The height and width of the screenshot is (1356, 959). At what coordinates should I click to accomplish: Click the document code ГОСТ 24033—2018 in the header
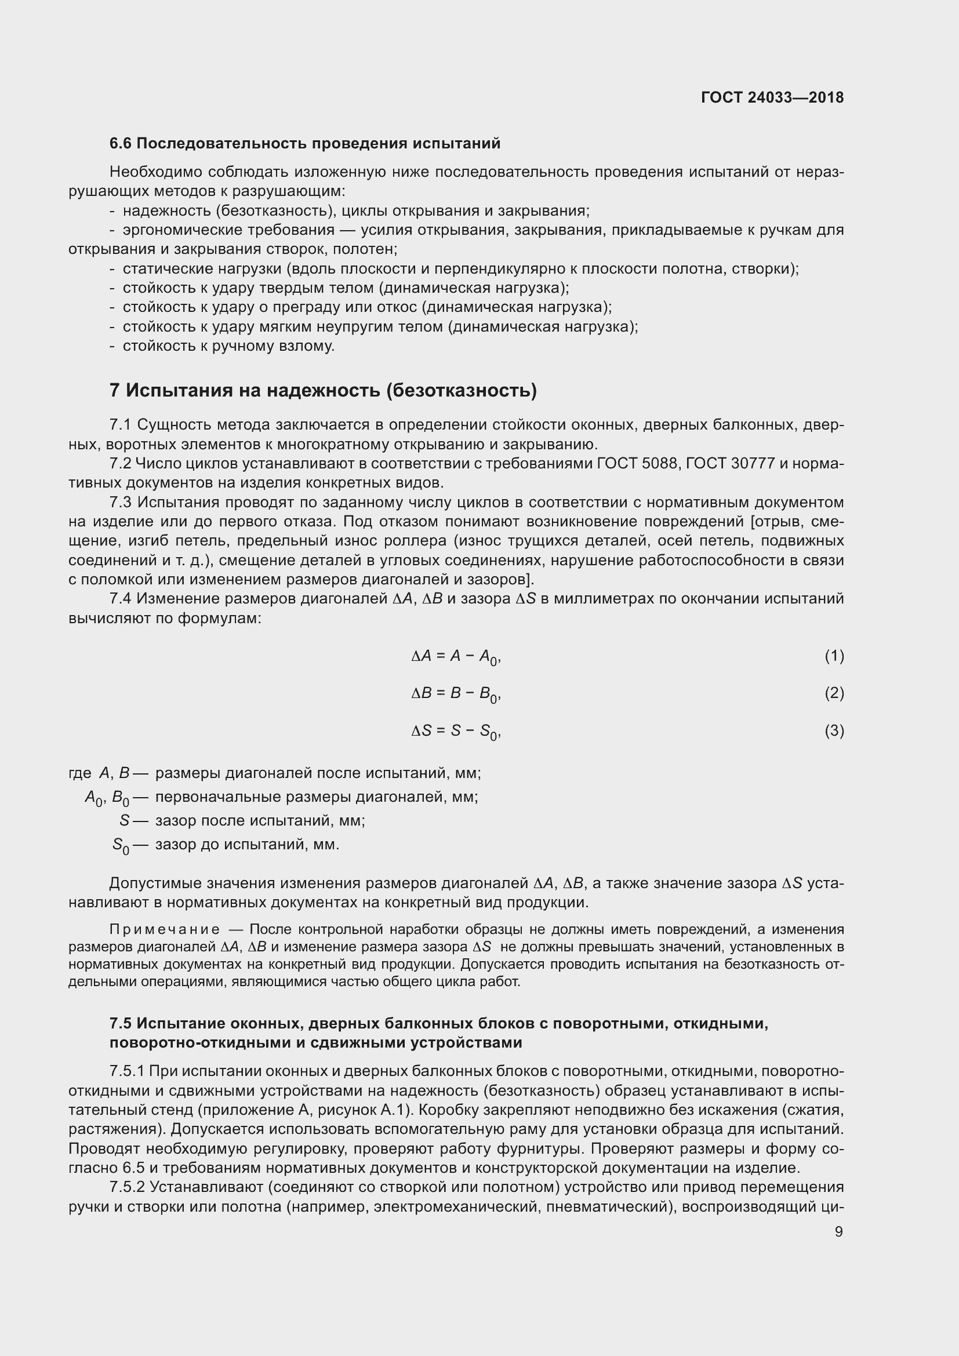[772, 97]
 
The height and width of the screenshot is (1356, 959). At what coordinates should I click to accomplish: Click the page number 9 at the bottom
[838, 1231]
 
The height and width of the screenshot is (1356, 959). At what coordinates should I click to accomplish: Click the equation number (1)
[834, 656]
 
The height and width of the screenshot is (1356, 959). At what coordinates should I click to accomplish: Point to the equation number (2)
[834, 693]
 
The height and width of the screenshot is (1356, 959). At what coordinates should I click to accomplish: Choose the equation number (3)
[834, 730]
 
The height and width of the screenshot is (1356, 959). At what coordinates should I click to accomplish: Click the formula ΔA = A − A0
[456, 656]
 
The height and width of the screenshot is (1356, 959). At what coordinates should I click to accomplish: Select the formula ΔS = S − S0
[456, 731]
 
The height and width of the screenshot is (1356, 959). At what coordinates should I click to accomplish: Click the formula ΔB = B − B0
[456, 693]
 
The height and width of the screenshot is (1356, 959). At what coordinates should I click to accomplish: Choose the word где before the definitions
[79, 773]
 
